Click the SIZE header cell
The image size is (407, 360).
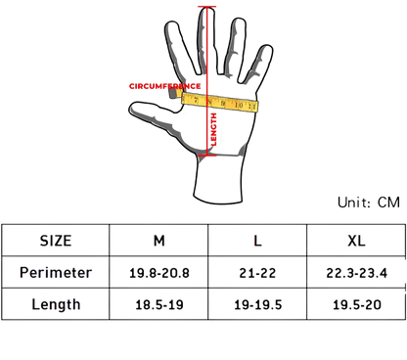pos(55,241)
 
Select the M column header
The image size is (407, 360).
pos(159,241)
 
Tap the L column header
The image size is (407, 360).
pos(256,241)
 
